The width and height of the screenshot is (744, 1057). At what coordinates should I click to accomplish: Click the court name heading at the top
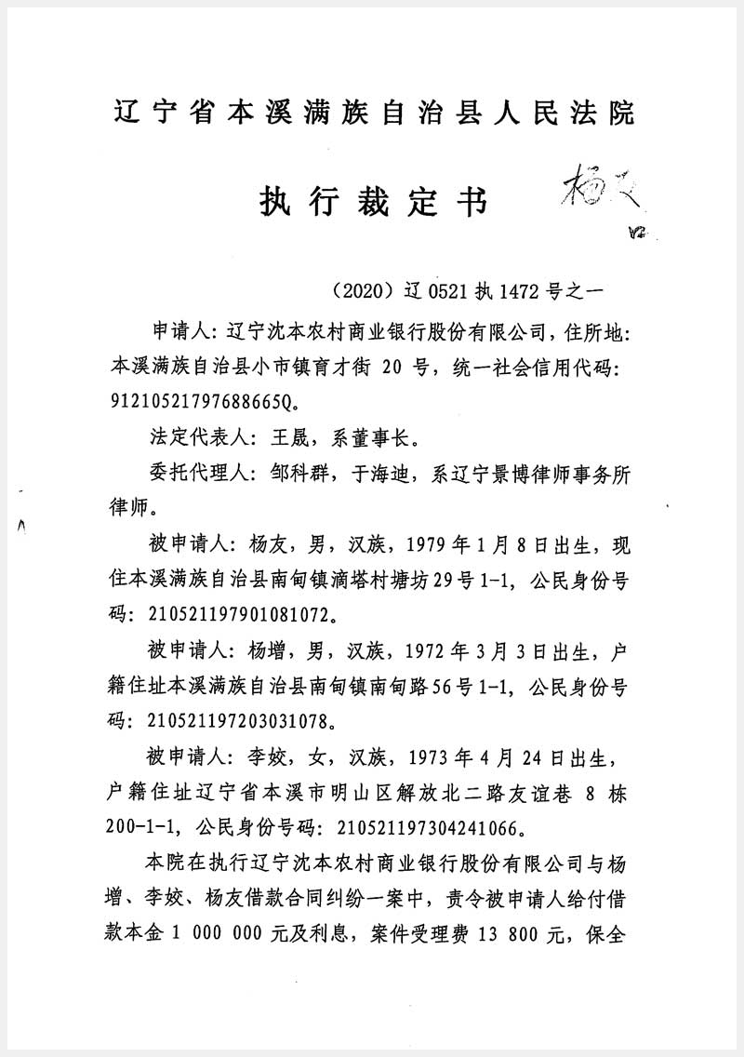[x=372, y=114]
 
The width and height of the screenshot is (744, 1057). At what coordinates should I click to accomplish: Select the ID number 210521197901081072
[x=240, y=614]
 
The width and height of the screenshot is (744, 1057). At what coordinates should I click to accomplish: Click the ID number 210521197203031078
[x=240, y=720]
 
